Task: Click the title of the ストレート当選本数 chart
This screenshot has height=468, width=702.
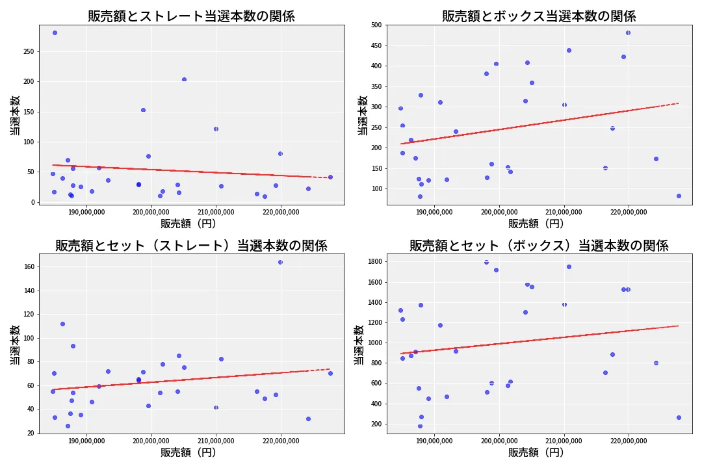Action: (x=191, y=16)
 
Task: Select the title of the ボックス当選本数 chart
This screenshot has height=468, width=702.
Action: (x=539, y=16)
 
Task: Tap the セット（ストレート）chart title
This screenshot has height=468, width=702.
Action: (x=191, y=246)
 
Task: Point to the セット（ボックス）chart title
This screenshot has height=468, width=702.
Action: (x=539, y=246)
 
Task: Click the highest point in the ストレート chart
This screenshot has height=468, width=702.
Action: (x=55, y=32)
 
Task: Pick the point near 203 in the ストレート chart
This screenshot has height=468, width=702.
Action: (x=184, y=79)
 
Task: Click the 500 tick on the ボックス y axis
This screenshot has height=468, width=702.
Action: (x=377, y=25)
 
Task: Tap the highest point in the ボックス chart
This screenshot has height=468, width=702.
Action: (x=628, y=32)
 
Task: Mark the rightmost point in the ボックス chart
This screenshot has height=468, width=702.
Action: (x=679, y=196)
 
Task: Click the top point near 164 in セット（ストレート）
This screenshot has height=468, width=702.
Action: (x=280, y=262)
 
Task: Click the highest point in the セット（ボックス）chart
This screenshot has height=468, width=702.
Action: (x=486, y=262)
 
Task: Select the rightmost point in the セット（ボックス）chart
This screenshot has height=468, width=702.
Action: (x=679, y=417)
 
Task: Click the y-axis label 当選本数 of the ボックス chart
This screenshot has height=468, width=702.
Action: (x=363, y=115)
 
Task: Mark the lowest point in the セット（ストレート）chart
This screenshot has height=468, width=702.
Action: (x=68, y=426)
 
